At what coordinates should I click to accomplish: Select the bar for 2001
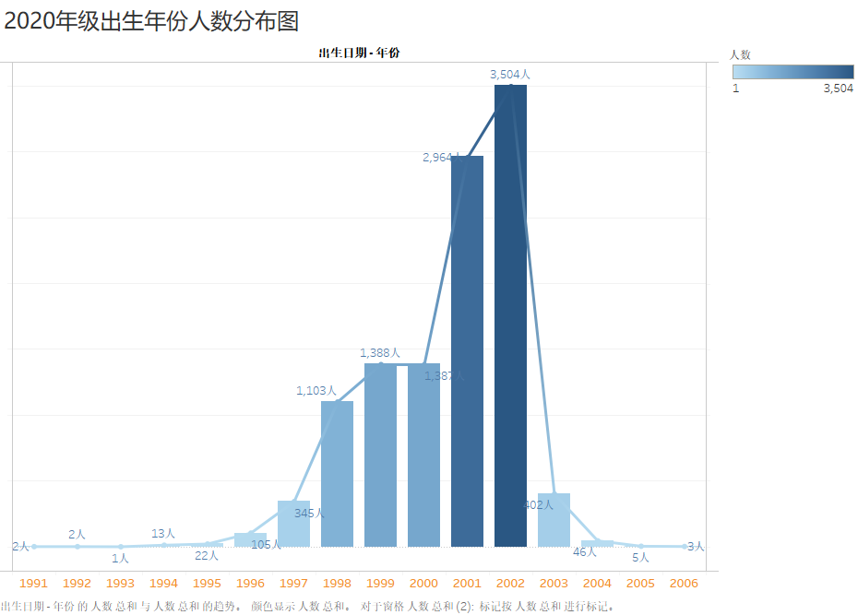click(x=467, y=350)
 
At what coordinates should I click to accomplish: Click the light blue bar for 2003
click(x=554, y=520)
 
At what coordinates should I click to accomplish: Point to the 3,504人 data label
click(x=510, y=74)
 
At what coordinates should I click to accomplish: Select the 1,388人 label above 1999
click(x=380, y=352)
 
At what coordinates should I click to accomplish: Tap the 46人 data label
click(x=585, y=551)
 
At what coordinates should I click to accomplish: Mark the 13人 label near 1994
click(x=163, y=533)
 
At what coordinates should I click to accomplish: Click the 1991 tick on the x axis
click(x=33, y=584)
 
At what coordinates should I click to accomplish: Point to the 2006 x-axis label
click(x=684, y=584)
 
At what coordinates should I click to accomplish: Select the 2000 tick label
click(x=423, y=584)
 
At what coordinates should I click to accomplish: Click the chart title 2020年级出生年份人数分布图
click(x=151, y=20)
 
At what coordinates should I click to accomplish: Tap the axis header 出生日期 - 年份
click(x=359, y=53)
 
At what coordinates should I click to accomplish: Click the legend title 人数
click(x=740, y=54)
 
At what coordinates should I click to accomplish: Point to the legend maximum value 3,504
click(x=838, y=89)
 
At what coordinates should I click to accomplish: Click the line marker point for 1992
click(x=77, y=546)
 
